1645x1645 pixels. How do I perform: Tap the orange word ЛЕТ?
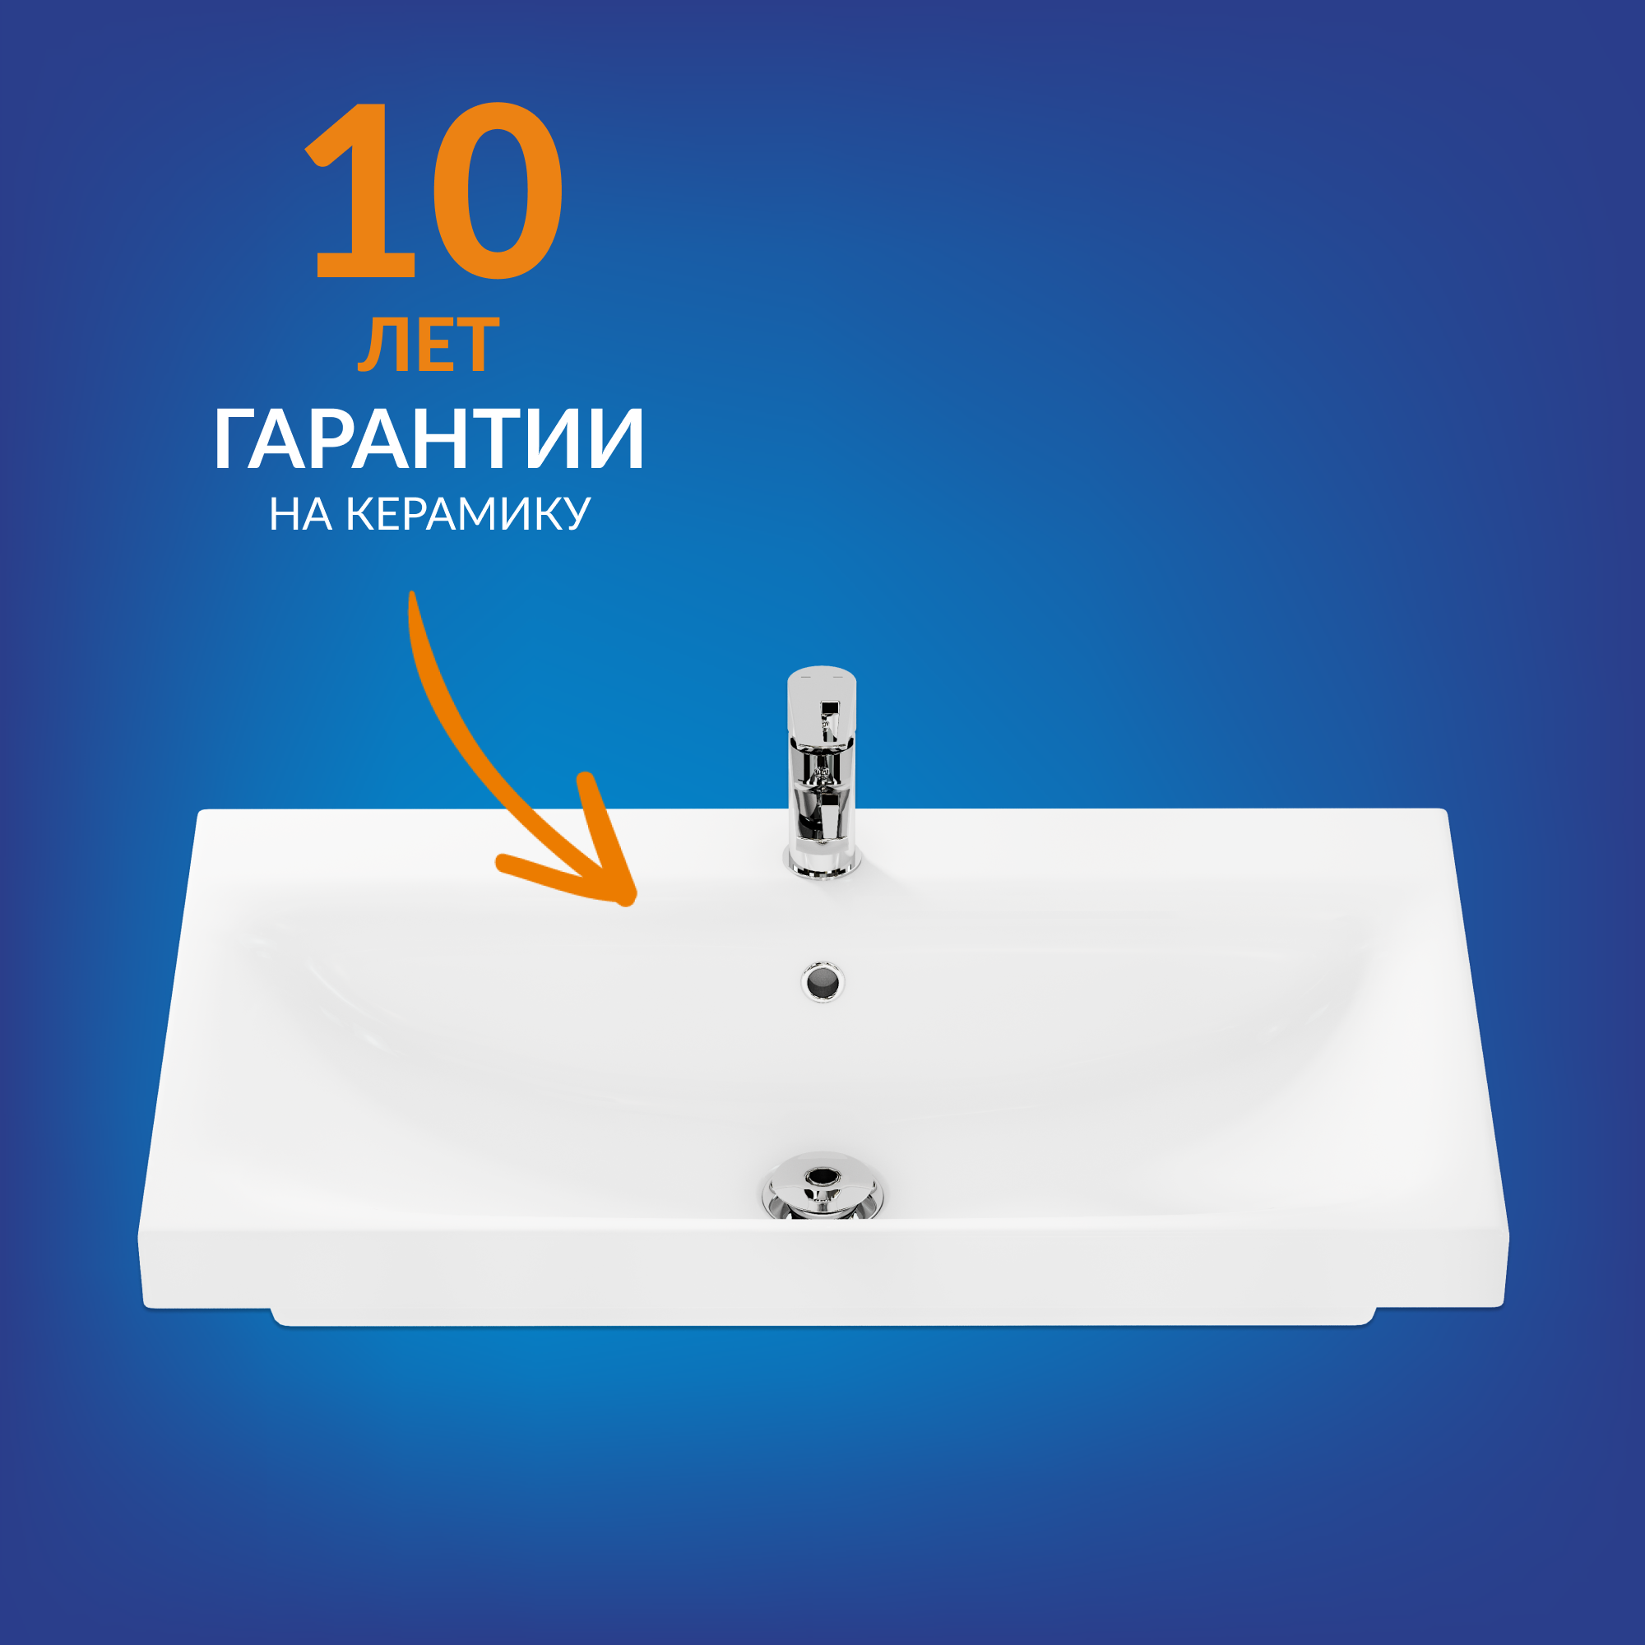(429, 345)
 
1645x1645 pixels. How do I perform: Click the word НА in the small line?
(299, 514)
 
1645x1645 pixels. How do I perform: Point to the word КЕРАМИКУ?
(467, 514)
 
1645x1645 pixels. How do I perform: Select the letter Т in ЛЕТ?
(476, 345)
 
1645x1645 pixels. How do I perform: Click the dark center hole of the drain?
(822, 1177)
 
